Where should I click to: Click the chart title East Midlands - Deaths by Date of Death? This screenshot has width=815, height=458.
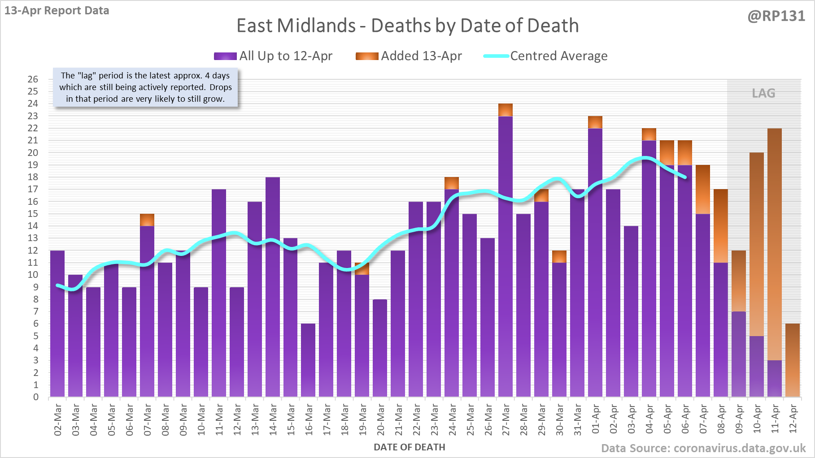[407, 26]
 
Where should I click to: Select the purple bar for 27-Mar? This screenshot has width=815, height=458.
[506, 255]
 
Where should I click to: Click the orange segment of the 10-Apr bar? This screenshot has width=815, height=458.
[757, 244]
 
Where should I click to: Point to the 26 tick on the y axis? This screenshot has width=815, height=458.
[33, 79]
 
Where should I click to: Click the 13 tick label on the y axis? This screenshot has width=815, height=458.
[33, 238]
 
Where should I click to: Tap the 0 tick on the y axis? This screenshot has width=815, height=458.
[36, 397]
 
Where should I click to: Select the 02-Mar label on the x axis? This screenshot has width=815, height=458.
[58, 419]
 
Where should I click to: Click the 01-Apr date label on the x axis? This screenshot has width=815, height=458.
[596, 419]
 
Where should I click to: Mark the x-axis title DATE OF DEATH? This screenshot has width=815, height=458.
[409, 447]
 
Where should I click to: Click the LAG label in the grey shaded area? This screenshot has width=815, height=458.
[763, 93]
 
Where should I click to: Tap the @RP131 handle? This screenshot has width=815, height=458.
[776, 16]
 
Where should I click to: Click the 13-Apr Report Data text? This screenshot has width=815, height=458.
[57, 11]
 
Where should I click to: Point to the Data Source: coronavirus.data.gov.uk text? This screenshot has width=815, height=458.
[703, 448]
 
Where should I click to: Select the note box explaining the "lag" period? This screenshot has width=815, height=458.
[145, 87]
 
